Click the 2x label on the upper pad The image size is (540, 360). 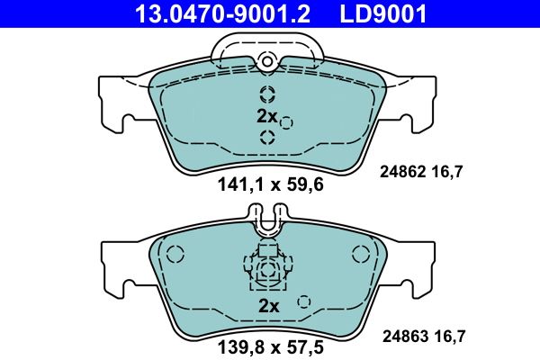pos(266,115)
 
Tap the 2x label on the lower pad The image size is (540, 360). pos(269,306)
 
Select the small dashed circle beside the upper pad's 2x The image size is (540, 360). pos(286,122)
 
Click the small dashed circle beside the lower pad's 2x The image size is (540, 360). pos(304,302)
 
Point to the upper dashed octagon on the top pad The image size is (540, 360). pos(267,94)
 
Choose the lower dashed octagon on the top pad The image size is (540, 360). pos(267,137)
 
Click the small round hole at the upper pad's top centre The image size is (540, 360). pos(266,61)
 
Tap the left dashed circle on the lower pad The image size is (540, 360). pos(175,255)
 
